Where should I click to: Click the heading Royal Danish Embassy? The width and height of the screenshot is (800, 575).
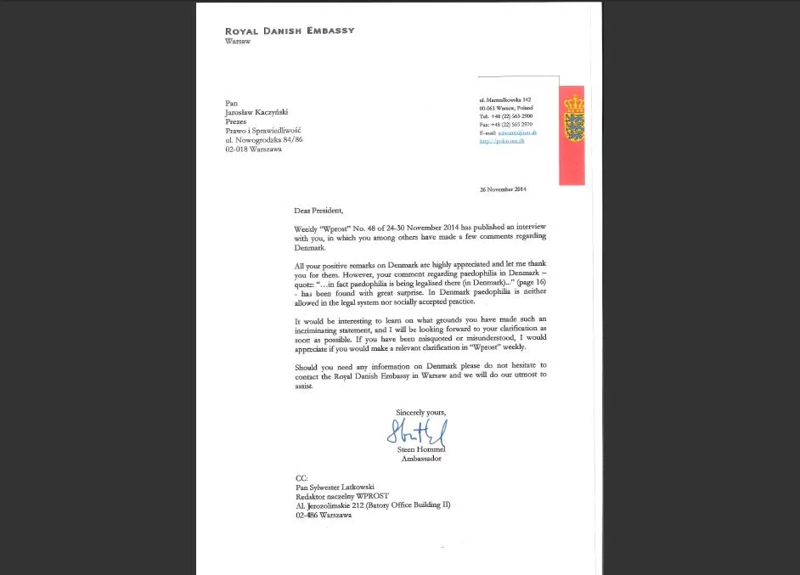coord(289,31)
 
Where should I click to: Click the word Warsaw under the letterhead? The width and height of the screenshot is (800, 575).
coord(238,41)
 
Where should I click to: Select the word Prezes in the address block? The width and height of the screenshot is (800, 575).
coord(236,121)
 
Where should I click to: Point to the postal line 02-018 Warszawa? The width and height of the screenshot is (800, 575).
coord(253,149)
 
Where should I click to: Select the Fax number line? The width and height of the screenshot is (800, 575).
coord(505,125)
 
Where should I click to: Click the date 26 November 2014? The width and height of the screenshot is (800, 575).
coord(503,189)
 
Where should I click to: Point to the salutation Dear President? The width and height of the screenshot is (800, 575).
coord(318,210)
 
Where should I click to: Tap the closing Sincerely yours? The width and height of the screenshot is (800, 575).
coord(420,412)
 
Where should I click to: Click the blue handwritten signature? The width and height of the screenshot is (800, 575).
coord(416,431)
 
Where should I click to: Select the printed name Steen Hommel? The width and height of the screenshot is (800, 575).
coord(421,449)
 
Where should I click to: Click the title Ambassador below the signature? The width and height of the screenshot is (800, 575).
coord(421,459)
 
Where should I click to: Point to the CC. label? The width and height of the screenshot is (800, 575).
coord(301,477)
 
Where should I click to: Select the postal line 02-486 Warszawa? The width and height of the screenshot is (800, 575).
coord(324,515)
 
